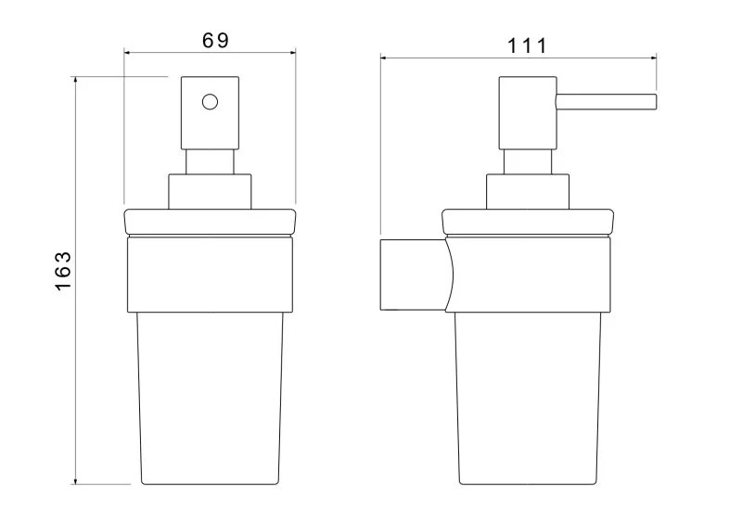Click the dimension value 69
click(215, 40)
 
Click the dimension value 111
click(527, 46)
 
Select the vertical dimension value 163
click(63, 271)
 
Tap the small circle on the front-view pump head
click(210, 102)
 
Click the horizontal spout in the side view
click(607, 102)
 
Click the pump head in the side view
click(528, 113)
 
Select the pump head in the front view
click(210, 113)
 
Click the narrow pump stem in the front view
click(210, 162)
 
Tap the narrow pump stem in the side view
click(528, 162)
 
